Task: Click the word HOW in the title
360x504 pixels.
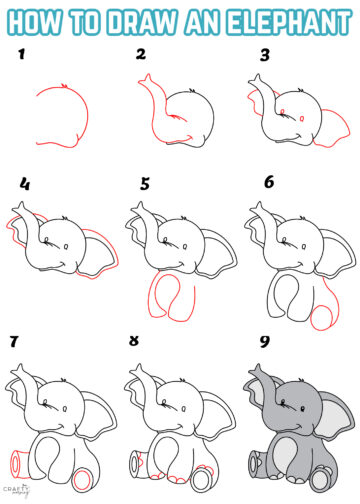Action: pyautogui.click(x=45, y=20)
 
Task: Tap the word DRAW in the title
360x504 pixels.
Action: pyautogui.click(x=147, y=20)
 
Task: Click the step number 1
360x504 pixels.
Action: pyautogui.click(x=19, y=56)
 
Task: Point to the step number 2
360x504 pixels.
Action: pyautogui.click(x=141, y=55)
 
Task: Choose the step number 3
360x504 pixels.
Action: pyautogui.click(x=265, y=55)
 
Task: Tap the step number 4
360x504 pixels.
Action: pyautogui.click(x=25, y=185)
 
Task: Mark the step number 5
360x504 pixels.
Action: pyautogui.click(x=145, y=184)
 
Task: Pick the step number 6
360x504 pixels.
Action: pyautogui.click(x=268, y=184)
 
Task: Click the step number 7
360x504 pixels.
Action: pyautogui.click(x=14, y=342)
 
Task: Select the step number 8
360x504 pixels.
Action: pyautogui.click(x=134, y=342)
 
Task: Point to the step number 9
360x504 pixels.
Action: pyautogui.click(x=264, y=342)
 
